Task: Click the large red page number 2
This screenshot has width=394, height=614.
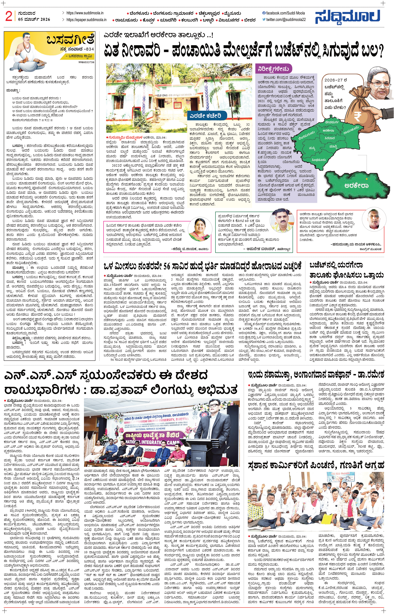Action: point(9,17)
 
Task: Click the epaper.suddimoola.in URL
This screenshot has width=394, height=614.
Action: point(87,20)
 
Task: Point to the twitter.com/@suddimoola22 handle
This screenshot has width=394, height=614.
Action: point(286,20)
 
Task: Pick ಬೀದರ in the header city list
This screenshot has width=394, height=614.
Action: point(249,20)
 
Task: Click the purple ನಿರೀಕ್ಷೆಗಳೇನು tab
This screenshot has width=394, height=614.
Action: point(274,69)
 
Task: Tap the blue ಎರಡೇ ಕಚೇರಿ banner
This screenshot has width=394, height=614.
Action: point(205,116)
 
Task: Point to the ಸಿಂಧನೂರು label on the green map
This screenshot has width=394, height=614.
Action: point(319,160)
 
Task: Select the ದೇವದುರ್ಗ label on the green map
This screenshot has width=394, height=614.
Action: point(332,122)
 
